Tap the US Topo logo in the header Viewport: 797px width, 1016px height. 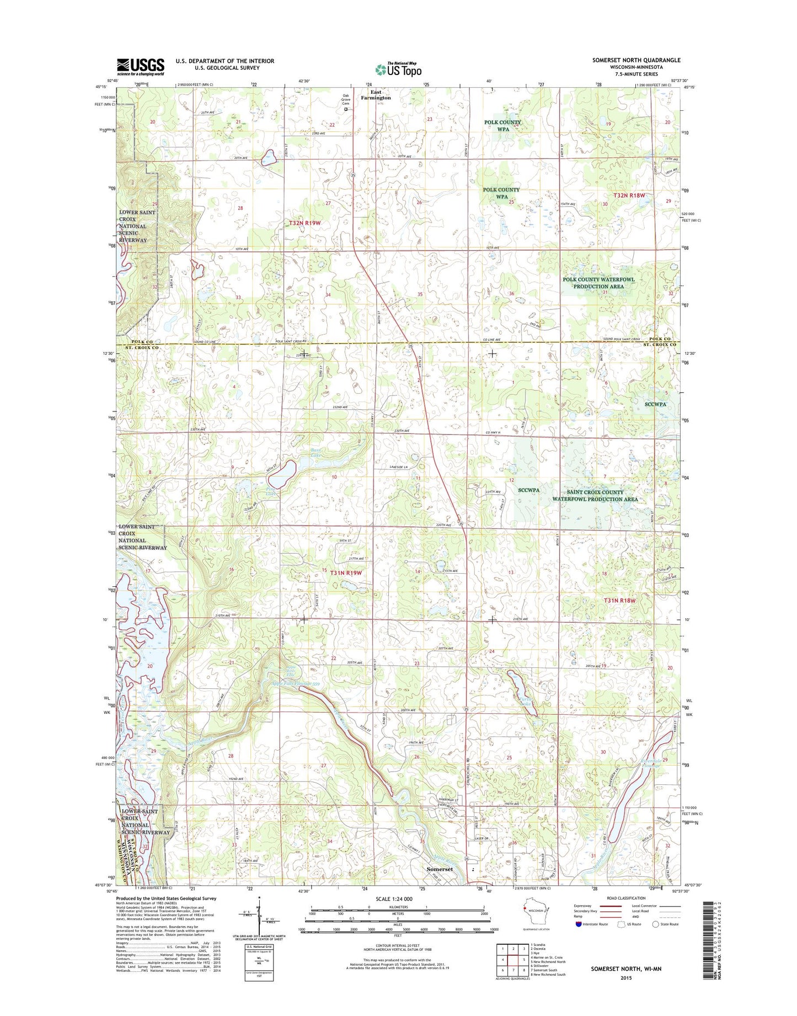(x=398, y=69)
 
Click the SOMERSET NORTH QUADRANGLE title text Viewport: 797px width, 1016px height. (x=636, y=60)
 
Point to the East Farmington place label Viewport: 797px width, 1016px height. (x=376, y=95)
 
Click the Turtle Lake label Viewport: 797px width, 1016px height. (x=524, y=701)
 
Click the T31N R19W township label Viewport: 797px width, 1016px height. (x=346, y=573)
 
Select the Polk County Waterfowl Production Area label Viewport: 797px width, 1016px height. (x=598, y=283)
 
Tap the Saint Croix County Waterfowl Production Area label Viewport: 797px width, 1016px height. (x=595, y=495)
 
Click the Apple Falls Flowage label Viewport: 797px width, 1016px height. (x=295, y=685)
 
